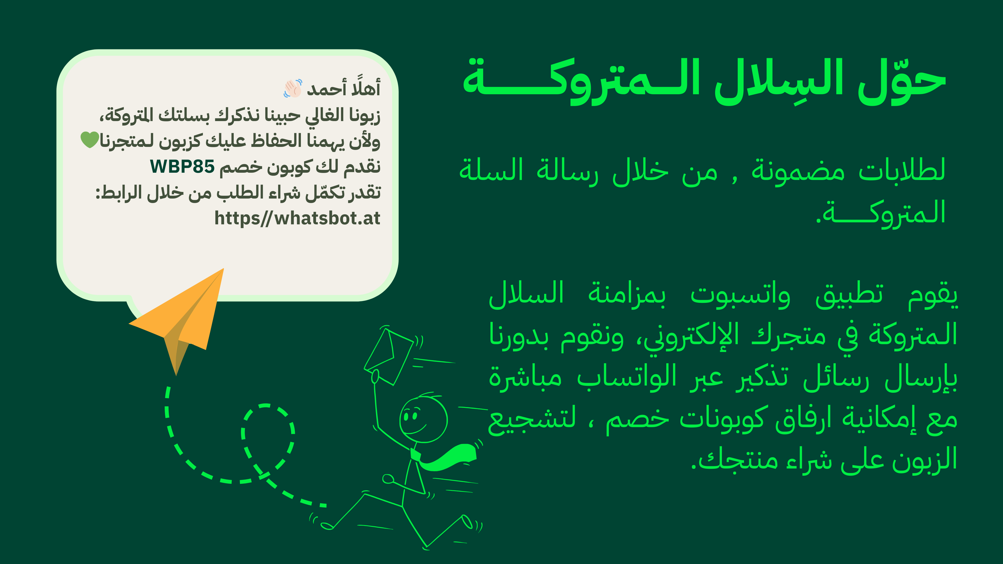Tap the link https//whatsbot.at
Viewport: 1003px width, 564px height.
pyautogui.click(x=297, y=218)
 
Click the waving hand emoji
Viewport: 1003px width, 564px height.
pyautogui.click(x=293, y=88)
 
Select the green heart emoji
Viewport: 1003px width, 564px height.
pyautogui.click(x=90, y=140)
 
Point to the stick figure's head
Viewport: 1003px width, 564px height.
pyautogui.click(x=423, y=419)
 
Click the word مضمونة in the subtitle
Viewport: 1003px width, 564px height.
pyautogui.click(x=798, y=171)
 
